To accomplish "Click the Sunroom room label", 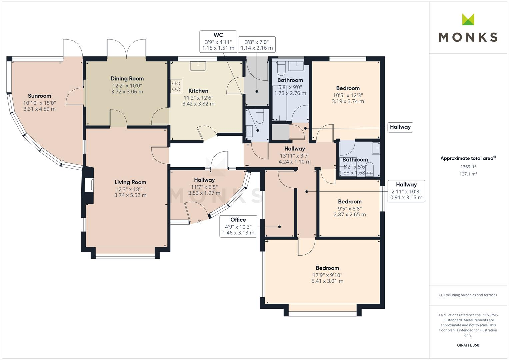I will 39,96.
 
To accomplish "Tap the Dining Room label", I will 127,79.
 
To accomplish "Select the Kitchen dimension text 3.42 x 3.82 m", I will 198,104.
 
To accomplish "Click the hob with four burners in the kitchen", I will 177,86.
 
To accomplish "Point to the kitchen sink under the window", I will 198,66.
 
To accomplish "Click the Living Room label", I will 130,182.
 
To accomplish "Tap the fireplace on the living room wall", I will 89,185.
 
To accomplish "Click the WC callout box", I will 218,42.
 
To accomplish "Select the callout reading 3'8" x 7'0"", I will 257,45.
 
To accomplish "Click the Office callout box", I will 238,226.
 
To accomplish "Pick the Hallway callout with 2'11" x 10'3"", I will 406,191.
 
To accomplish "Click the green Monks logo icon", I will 468,20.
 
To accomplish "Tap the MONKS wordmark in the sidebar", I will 468,37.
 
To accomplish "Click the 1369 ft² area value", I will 468,167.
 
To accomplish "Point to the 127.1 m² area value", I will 468,174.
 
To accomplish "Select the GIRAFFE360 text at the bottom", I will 468,345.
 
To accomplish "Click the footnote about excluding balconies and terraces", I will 468,295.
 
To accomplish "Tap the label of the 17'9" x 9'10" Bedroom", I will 327,268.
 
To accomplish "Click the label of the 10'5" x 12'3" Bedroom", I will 348,88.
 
